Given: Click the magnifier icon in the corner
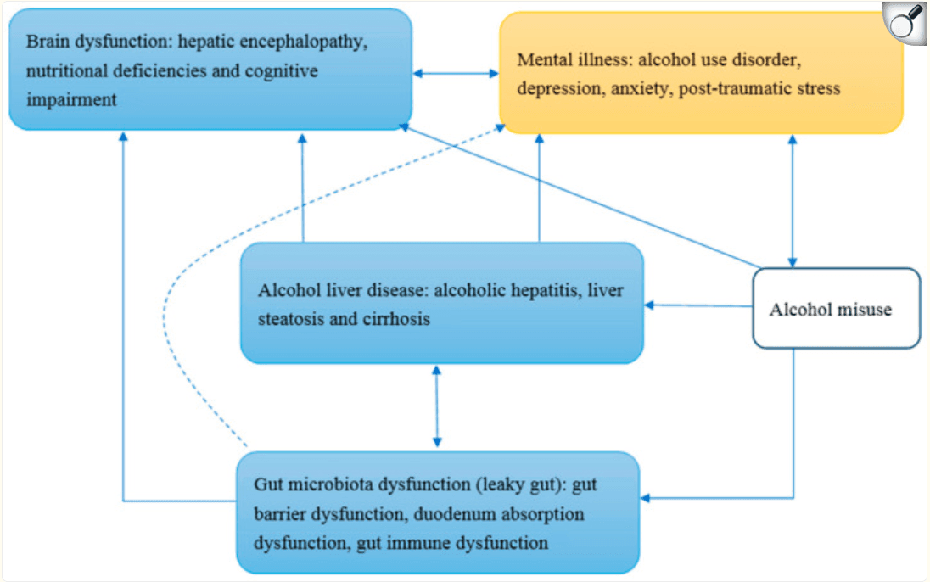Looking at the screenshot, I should point(905,22).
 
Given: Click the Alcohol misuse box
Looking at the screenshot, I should point(836,309).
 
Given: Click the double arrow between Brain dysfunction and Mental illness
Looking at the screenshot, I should point(457,74).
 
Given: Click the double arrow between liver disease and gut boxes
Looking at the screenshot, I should point(436,406).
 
